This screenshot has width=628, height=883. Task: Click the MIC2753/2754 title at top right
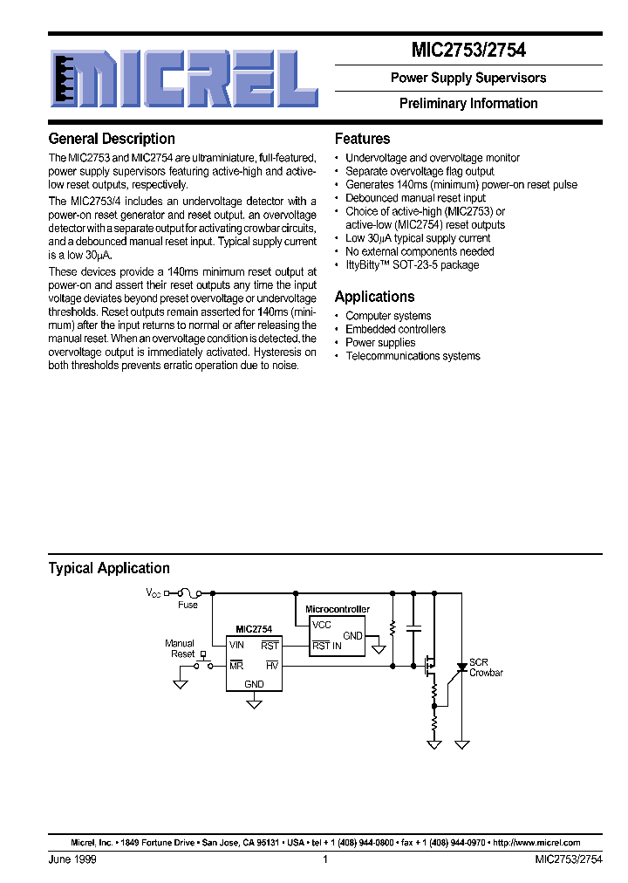pyautogui.click(x=468, y=51)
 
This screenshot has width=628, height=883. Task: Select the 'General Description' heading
pyautogui.click(x=112, y=139)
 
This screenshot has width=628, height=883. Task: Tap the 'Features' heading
pyautogui.click(x=362, y=139)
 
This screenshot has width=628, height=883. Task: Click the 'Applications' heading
pyautogui.click(x=374, y=297)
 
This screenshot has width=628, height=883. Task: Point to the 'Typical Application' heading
pyautogui.click(x=109, y=568)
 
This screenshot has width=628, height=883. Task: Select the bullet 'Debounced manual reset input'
pyautogui.click(x=415, y=198)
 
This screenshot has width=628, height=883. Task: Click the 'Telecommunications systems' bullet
pyautogui.click(x=413, y=356)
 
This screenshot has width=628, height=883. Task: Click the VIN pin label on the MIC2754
pyautogui.click(x=236, y=645)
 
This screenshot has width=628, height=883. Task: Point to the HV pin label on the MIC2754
pyautogui.click(x=272, y=665)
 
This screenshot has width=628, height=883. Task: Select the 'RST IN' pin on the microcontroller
pyautogui.click(x=327, y=646)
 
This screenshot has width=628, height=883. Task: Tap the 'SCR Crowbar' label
pyautogui.click(x=486, y=667)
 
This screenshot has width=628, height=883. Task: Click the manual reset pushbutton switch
pyautogui.click(x=203, y=661)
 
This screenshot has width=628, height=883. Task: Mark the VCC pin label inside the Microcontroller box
pyautogui.click(x=322, y=625)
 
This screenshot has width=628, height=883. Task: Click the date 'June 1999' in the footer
pyautogui.click(x=72, y=859)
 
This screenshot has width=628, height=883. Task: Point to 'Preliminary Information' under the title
pyautogui.click(x=468, y=103)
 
